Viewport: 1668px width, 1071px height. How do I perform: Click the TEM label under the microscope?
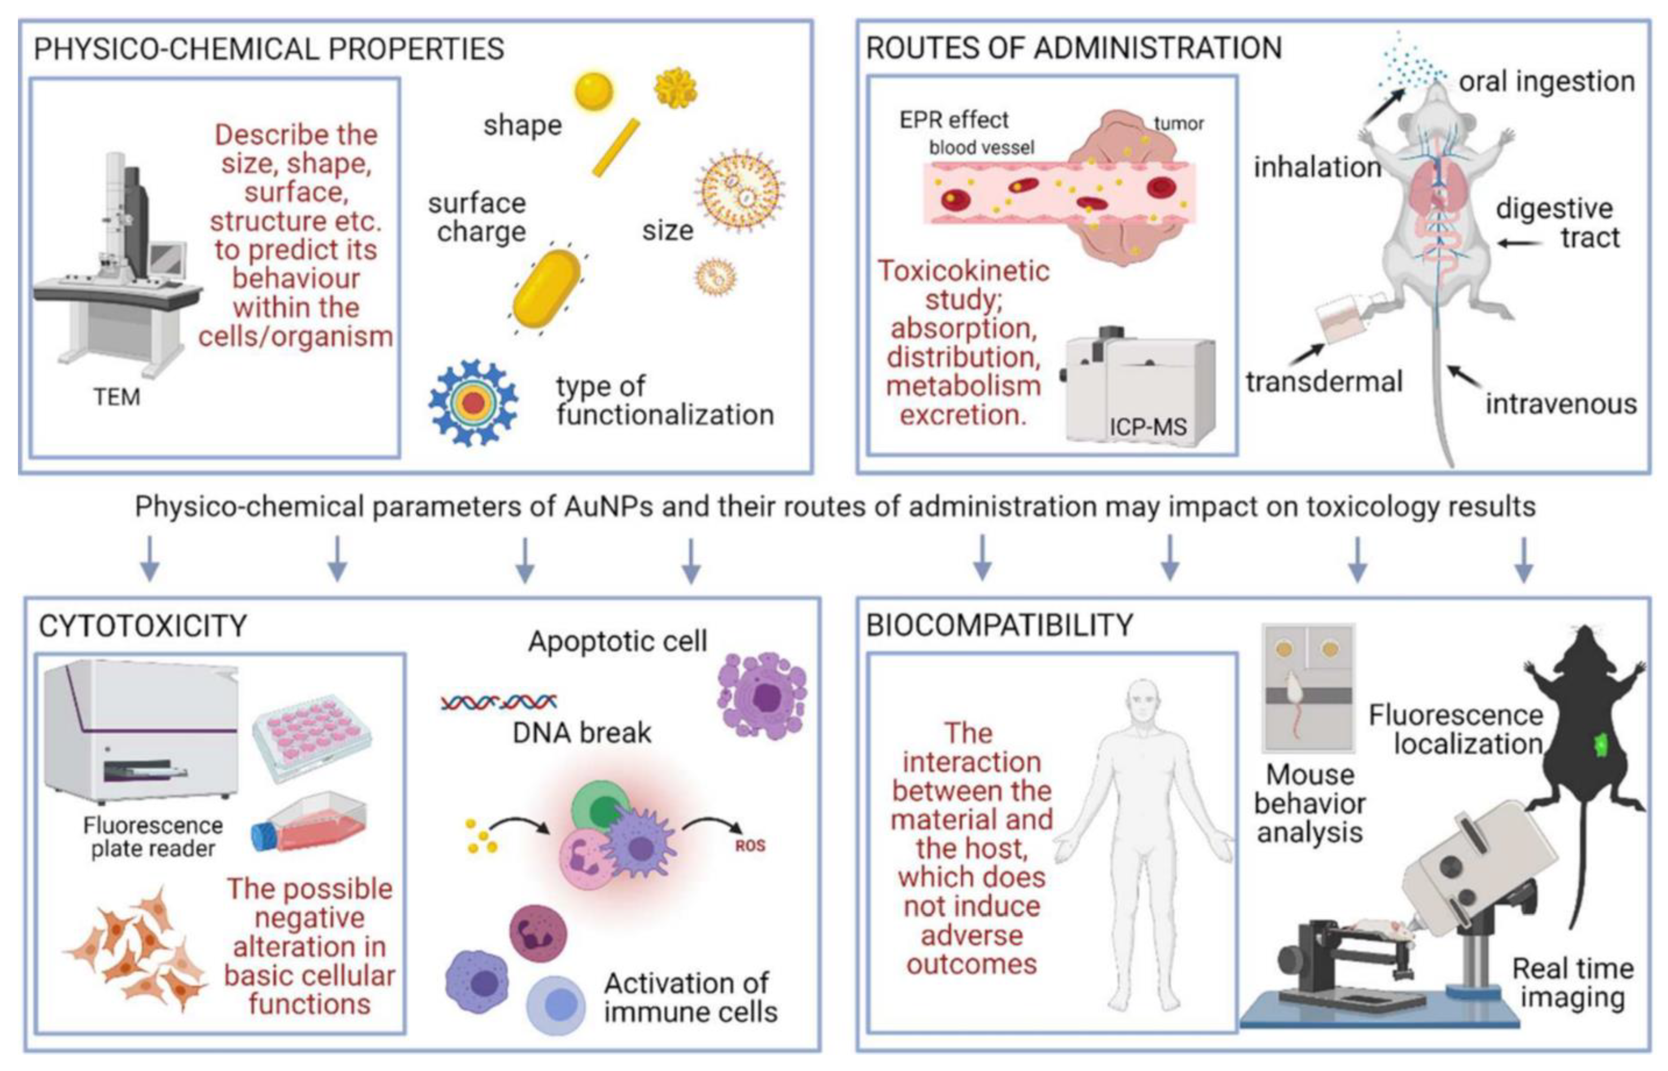pyautogui.click(x=117, y=397)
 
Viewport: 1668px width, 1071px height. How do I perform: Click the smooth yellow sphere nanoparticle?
pyautogui.click(x=593, y=92)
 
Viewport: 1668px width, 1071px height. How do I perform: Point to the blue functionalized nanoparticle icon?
pyautogui.click(x=473, y=403)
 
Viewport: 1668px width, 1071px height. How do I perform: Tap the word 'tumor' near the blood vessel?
pyautogui.click(x=1179, y=124)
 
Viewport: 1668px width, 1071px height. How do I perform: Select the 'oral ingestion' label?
pyautogui.click(x=1546, y=81)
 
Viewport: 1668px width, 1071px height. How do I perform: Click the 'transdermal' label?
pyautogui.click(x=1324, y=382)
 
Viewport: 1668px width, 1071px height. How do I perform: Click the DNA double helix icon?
pyautogui.click(x=498, y=702)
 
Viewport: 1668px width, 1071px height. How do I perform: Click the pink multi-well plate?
pyautogui.click(x=312, y=736)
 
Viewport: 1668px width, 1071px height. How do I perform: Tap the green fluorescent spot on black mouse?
pyautogui.click(x=1602, y=745)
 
